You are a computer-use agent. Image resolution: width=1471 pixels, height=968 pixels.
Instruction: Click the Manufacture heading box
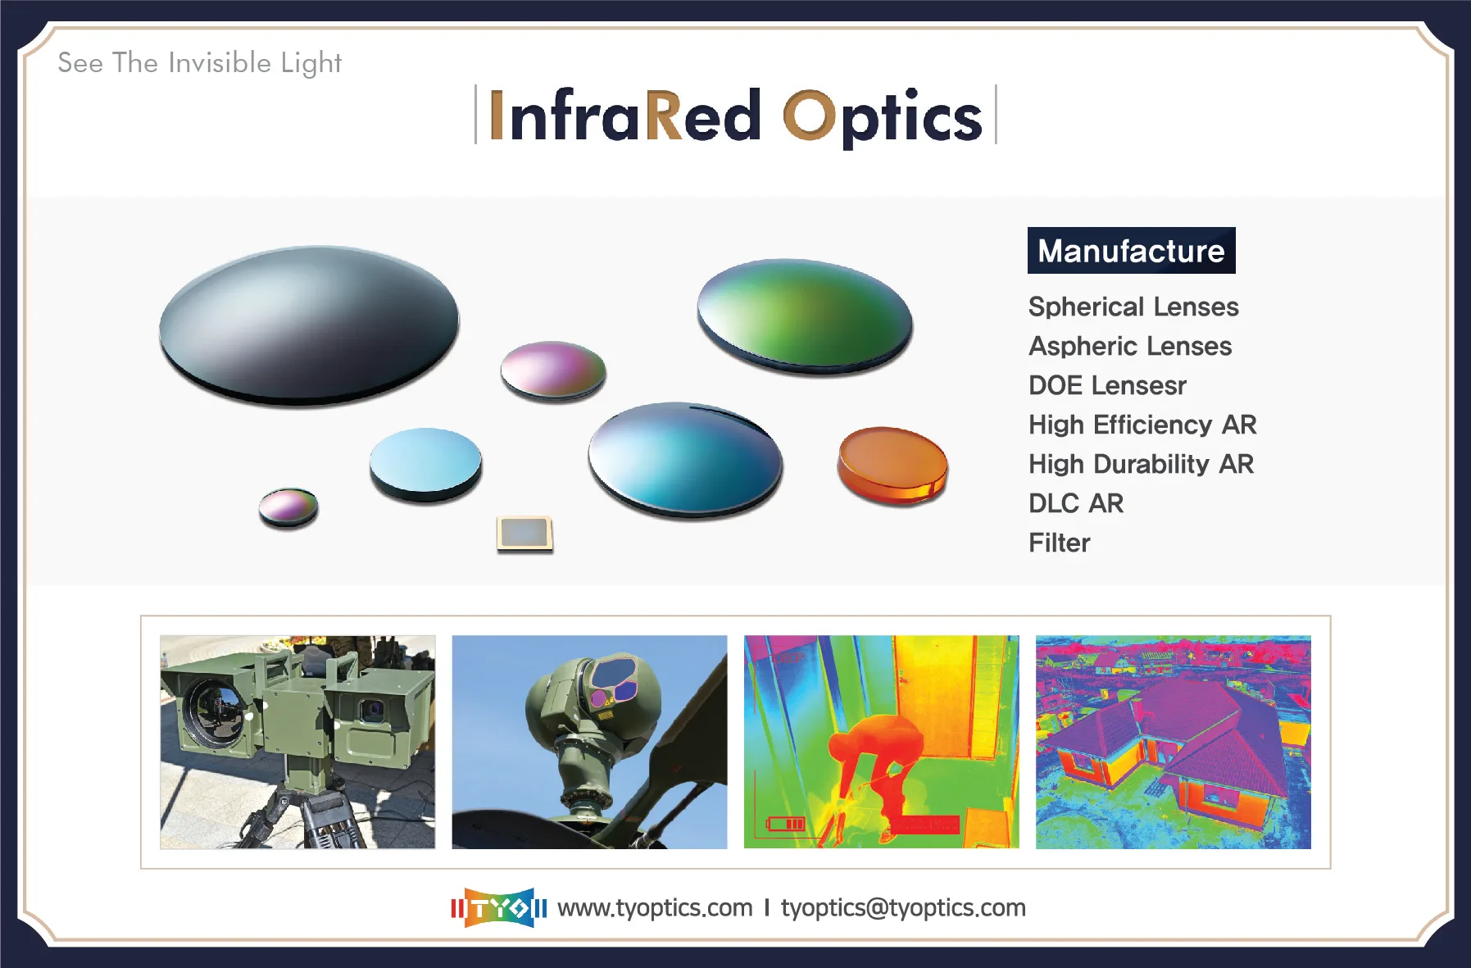(x=1131, y=251)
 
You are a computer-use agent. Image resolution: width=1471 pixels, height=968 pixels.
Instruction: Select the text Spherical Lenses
(x=1133, y=307)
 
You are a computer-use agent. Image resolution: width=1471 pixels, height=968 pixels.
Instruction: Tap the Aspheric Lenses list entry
(x=1129, y=346)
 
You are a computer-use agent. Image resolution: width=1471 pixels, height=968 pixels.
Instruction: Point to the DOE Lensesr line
(x=1106, y=385)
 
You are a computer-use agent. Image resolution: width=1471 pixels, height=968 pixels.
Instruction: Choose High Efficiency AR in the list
(x=1142, y=425)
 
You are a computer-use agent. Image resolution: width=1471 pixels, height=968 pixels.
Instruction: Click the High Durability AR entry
(x=1140, y=464)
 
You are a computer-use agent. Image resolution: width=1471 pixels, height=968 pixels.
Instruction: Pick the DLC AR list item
(x=1075, y=503)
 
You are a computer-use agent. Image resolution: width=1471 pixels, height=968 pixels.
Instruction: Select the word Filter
(x=1059, y=543)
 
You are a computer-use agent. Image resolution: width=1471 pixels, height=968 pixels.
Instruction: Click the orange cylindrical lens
(x=892, y=465)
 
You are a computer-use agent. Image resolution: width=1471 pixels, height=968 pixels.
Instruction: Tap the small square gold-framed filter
(x=524, y=534)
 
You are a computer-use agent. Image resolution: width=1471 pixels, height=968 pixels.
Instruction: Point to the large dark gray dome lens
(x=309, y=325)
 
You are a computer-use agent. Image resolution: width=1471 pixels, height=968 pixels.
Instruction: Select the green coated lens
(x=805, y=316)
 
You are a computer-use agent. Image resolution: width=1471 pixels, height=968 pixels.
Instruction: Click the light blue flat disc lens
(x=425, y=463)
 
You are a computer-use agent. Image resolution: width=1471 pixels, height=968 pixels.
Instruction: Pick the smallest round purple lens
(x=288, y=507)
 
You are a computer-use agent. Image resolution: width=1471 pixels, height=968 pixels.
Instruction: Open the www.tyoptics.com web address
(x=655, y=908)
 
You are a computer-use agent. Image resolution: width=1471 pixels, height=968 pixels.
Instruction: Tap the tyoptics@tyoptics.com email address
(x=902, y=908)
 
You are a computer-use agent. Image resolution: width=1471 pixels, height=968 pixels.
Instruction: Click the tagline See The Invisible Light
(x=199, y=63)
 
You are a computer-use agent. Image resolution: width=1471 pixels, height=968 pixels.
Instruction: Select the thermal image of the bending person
(x=881, y=742)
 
